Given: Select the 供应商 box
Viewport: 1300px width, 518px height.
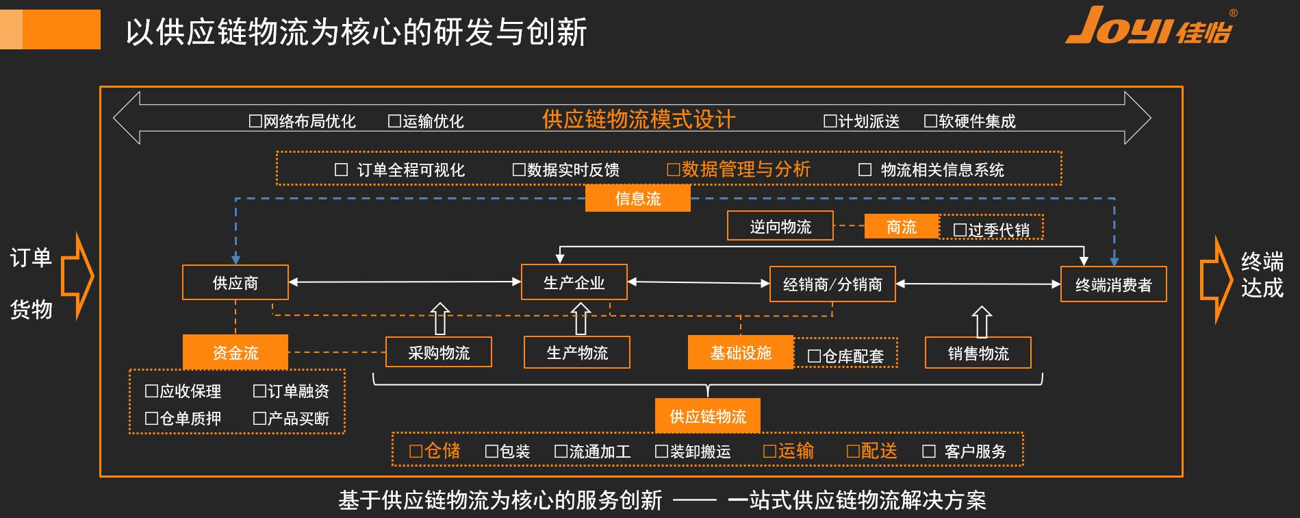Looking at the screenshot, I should (235, 282).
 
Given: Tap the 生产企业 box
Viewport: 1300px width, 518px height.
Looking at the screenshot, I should (574, 282).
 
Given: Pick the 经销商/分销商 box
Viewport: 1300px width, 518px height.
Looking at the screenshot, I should (832, 284).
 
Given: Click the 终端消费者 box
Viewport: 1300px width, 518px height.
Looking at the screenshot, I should (1113, 284).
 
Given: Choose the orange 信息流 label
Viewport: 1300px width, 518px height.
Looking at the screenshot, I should (637, 199).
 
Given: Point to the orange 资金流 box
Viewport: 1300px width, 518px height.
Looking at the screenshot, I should (235, 352).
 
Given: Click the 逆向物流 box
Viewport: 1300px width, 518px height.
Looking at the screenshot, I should (780, 226).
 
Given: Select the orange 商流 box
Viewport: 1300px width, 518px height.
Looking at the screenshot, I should (901, 227).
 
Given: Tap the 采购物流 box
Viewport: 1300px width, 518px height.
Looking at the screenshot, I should (438, 352).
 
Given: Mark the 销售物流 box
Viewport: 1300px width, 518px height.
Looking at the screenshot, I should (978, 353).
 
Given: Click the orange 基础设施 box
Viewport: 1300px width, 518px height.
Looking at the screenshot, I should (740, 352).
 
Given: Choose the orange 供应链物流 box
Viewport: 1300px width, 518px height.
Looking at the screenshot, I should (707, 416).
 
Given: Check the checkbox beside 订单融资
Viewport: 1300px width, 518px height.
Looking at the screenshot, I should (259, 391).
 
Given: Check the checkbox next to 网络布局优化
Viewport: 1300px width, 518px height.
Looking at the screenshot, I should (255, 121).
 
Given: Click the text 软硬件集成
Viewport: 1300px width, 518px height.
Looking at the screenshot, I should (977, 121).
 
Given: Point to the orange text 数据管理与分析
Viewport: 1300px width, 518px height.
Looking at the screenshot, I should (745, 169).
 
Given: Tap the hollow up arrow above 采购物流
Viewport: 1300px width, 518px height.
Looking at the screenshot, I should (440, 319).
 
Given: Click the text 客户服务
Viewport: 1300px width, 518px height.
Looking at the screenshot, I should (975, 452).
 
